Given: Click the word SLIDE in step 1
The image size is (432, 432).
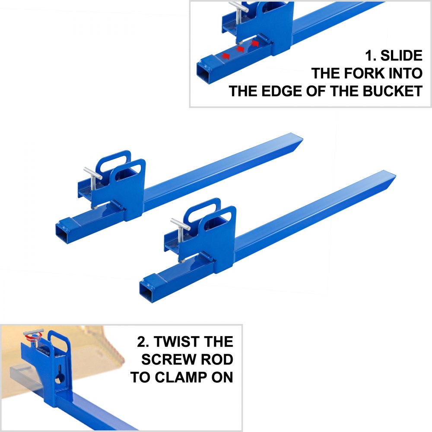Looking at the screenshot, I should click(400, 56).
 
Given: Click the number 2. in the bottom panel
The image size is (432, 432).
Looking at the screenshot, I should click(144, 342).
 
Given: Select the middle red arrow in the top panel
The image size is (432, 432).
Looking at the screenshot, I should click(240, 49).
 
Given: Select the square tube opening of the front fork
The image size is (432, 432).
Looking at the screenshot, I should click(147, 293).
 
